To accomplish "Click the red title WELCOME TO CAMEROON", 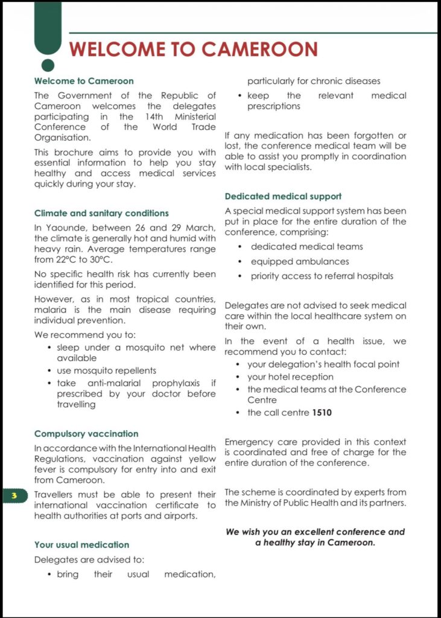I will [x=193, y=49].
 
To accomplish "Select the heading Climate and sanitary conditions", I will [x=101, y=213].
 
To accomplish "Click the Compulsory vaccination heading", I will [x=86, y=434].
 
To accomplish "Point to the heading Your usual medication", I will [x=81, y=545].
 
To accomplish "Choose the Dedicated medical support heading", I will [x=283, y=196].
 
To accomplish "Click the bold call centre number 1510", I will [x=322, y=413].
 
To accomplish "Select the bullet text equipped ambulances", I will [x=300, y=261].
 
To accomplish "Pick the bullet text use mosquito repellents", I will [x=106, y=371].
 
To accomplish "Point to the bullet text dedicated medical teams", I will [x=307, y=247].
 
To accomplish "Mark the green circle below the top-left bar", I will [x=48, y=64].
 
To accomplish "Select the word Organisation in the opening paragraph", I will [x=63, y=138].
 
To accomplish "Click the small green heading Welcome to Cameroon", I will [x=84, y=81].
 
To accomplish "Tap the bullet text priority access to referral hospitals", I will [x=322, y=276].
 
